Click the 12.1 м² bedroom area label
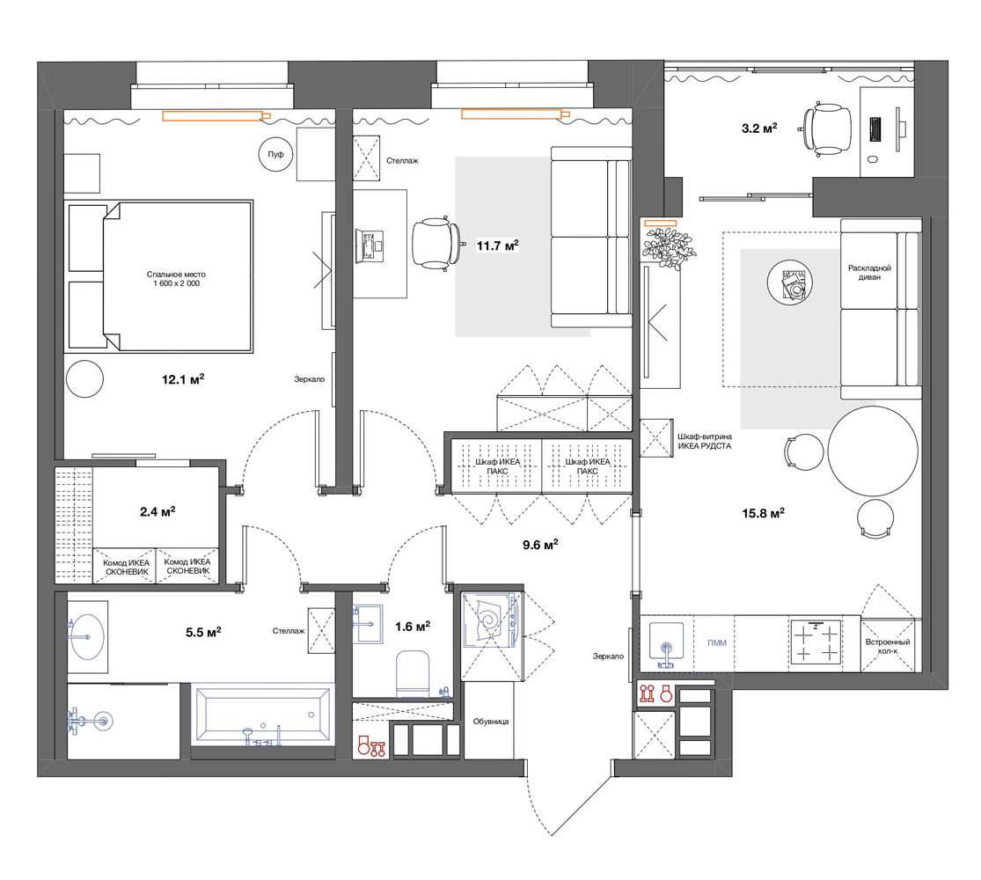pos(183,378)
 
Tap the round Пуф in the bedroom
pos(276,154)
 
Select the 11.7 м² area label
pos(498,246)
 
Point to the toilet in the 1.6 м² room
pos(413,673)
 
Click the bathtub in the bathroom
pos(263,715)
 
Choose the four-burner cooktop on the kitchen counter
pos(816,643)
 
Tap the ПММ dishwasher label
pos(717,642)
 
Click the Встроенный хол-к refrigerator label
pos(888,647)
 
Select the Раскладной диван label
pos(869,272)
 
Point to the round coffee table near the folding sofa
pos(789,282)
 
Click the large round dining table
pos(873,451)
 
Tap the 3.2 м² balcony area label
pos(759,128)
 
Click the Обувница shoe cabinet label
pos(491,722)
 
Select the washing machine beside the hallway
pos(492,620)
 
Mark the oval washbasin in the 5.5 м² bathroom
pos(88,637)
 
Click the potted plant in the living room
pos(669,248)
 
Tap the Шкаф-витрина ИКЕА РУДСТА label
pos(705,441)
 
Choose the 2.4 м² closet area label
pos(157,511)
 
